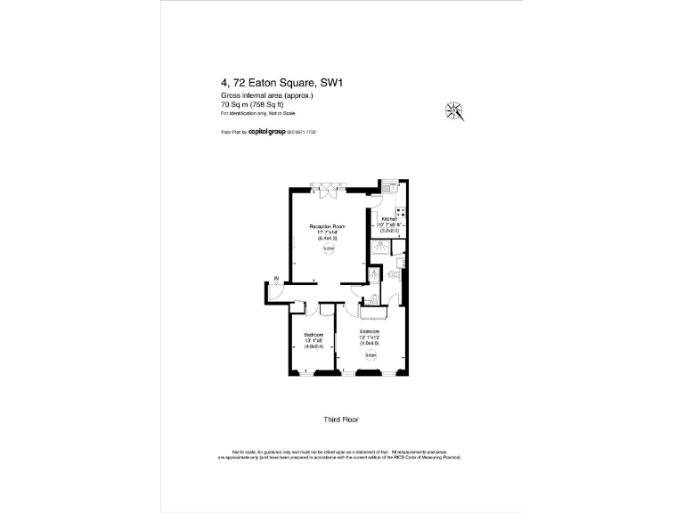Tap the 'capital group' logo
[x=266, y=131]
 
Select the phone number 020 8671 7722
[x=302, y=132]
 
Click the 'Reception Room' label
[x=326, y=227]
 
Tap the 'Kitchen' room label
[x=388, y=219]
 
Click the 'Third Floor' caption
[x=341, y=419]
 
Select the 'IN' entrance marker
[x=276, y=280]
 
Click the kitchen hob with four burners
[x=401, y=214]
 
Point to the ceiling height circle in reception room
[x=328, y=249]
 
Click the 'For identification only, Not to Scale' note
[x=257, y=113]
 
